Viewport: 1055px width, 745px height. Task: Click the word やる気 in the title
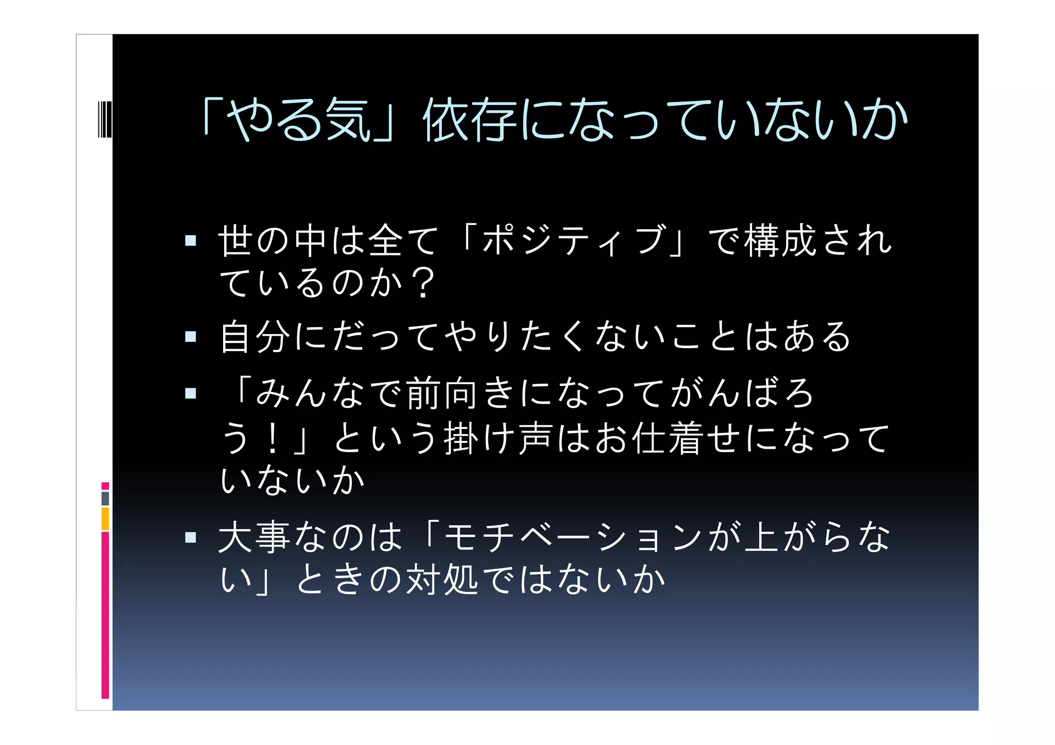tap(299, 121)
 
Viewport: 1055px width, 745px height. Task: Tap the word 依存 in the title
tap(469, 121)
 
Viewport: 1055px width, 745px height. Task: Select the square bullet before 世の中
tap(191, 240)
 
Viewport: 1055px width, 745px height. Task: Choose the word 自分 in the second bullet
tap(256, 337)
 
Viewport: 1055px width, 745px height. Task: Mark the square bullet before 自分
tap(191, 337)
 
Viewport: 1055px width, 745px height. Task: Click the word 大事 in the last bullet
tap(254, 538)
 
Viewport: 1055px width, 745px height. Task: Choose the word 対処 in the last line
tap(442, 580)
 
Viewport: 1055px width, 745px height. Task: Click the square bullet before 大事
tap(191, 538)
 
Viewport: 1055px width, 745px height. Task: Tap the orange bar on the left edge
tap(105, 518)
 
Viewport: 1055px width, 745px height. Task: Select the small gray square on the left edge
tap(105, 498)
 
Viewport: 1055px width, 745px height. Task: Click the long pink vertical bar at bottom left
tap(105, 615)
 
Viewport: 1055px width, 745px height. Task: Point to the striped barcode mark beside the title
tap(105, 120)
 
